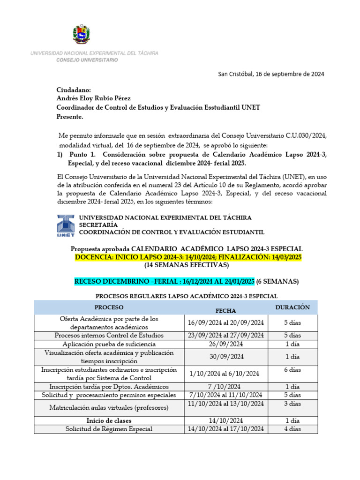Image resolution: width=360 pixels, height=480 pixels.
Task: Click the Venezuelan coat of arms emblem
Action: [x=82, y=34]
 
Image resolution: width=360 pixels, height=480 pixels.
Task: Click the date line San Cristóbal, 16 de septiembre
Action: [x=271, y=74]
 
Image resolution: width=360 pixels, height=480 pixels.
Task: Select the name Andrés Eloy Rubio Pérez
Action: [x=93, y=98]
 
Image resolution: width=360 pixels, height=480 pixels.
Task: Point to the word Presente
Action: [x=70, y=116]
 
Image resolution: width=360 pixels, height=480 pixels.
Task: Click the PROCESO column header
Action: [x=109, y=307]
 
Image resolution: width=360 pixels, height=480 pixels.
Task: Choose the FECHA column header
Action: [x=225, y=310]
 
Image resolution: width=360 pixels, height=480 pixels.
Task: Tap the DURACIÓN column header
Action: [x=292, y=307]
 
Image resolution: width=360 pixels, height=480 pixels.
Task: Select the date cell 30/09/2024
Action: [x=226, y=357]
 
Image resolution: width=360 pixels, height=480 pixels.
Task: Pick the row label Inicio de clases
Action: [x=109, y=420]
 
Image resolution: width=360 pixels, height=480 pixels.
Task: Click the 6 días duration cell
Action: [x=292, y=370]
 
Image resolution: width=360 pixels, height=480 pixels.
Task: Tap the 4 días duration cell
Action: [x=292, y=429]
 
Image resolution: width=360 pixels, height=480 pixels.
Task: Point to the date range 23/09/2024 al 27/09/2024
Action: [x=226, y=335]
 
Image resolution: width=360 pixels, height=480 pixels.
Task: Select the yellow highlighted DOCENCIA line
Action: [x=188, y=257]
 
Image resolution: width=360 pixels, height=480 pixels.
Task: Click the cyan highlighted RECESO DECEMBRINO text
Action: [x=164, y=281]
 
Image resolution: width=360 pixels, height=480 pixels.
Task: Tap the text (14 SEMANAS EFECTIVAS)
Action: [x=187, y=265]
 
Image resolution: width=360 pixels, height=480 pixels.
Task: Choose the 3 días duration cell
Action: [x=292, y=403]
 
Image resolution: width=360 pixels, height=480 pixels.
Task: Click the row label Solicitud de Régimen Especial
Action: [x=109, y=429]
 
